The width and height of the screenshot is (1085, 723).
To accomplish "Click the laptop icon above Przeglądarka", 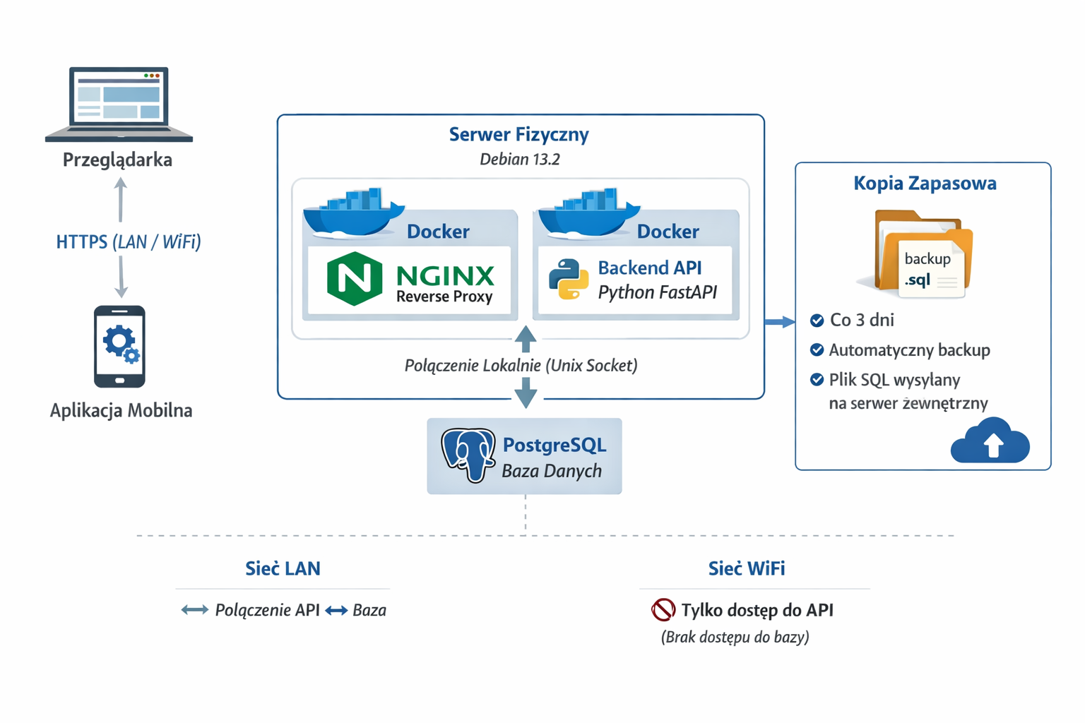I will pos(119,104).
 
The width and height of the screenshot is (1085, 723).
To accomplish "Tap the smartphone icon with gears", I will pos(119,346).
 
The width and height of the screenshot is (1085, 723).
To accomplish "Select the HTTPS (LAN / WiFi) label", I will pos(129,242).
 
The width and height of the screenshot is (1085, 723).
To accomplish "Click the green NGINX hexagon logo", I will pos(355,278).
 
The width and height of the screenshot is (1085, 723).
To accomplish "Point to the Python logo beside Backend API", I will pos(569,280).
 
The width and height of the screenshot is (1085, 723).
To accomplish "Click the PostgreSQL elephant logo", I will pos(468,455).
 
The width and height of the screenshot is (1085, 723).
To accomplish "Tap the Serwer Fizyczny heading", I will pos(519,134).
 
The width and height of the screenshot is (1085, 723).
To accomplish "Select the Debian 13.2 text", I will pos(519,160).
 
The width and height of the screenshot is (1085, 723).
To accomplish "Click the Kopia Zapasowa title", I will pos(925,183).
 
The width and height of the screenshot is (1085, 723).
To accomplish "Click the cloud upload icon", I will pos(990,441).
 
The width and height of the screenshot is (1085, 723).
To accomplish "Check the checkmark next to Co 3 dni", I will pos(817,321).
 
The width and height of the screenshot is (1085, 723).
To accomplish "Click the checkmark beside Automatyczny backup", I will pos(817,350).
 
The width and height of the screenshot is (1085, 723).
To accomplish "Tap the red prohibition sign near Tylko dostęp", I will pos(663,609).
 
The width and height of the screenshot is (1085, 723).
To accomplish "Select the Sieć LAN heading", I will pos(283,568).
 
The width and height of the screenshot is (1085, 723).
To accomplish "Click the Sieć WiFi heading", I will pos(747,568).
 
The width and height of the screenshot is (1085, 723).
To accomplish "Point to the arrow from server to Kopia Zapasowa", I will pos(780,322).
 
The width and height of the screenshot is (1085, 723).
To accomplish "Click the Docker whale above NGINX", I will pos(353,213).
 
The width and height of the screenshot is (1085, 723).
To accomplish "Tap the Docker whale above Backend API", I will pos(589,213).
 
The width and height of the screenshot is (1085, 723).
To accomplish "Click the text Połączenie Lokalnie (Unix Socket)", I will pos(521,366).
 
